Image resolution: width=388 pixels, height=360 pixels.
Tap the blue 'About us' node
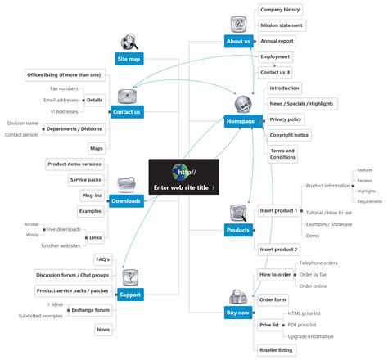(x=237, y=41)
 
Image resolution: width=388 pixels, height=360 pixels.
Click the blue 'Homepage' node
(x=241, y=121)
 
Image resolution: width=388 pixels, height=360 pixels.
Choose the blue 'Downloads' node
(x=127, y=200)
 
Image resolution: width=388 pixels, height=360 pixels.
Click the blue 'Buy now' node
(x=238, y=312)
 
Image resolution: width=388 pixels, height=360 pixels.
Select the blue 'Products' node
(x=238, y=231)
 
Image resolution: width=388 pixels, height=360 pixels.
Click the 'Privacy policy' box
(x=286, y=119)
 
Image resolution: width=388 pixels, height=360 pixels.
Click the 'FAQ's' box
(x=103, y=260)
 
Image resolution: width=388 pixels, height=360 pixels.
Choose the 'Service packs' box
(x=85, y=180)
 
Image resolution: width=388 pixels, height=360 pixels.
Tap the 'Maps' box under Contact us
(x=97, y=148)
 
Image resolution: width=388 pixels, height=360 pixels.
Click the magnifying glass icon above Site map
(x=129, y=41)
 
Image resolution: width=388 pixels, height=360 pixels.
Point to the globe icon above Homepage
(x=243, y=104)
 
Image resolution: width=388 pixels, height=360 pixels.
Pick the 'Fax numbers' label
(x=65, y=88)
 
